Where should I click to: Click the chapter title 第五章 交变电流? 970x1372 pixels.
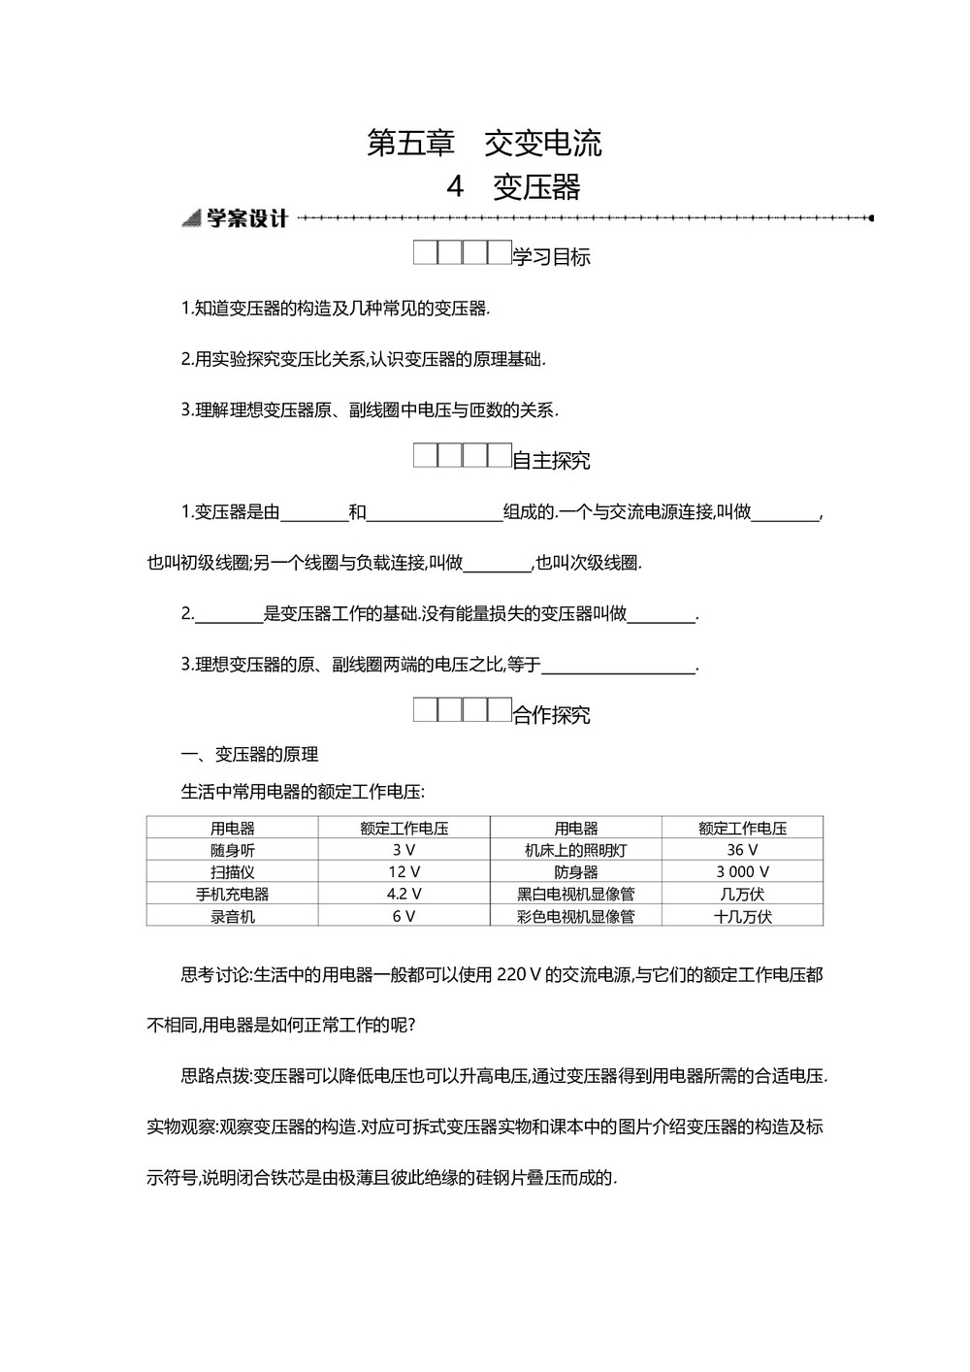[x=484, y=143]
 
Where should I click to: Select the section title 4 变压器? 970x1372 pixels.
[x=513, y=186]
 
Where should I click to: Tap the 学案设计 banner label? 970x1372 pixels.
[x=246, y=218]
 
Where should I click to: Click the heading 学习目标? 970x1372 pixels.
[x=551, y=257]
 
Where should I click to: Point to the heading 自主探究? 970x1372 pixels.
[x=551, y=461]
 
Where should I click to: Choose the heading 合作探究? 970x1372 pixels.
[x=551, y=715]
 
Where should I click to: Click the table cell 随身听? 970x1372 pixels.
[x=233, y=850]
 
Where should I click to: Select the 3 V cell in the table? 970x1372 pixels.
[x=404, y=850]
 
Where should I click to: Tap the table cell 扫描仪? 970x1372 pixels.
[x=233, y=872]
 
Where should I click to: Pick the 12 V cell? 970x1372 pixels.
[x=404, y=872]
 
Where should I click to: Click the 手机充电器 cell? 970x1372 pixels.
[x=233, y=894]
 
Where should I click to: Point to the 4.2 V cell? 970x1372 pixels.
[x=404, y=894]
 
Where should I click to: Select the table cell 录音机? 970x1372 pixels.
[x=233, y=916]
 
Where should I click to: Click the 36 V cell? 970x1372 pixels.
[x=742, y=850]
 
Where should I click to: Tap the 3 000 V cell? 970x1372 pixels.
[x=742, y=872]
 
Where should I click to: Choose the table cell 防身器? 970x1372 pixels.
[x=576, y=872]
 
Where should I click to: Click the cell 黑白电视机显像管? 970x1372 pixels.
[x=576, y=894]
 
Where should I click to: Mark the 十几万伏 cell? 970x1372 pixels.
[x=742, y=916]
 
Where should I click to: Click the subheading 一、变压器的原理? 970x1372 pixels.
[x=250, y=754]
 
